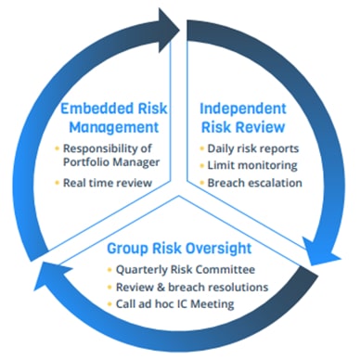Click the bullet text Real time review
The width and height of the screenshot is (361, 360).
pyautogui.click(x=109, y=183)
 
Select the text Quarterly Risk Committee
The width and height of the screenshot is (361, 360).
pyautogui.click(x=186, y=270)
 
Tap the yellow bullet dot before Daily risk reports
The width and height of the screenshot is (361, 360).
pyautogui.click(x=201, y=148)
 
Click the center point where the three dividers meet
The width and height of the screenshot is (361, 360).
pyautogui.click(x=180, y=181)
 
